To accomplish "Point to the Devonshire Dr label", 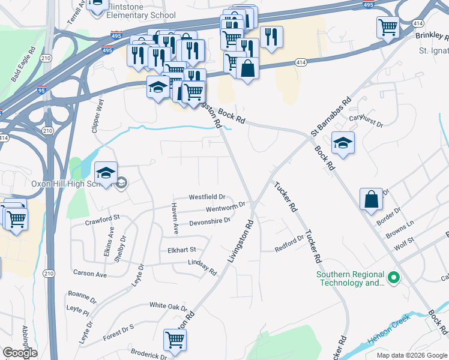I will coord(210,221).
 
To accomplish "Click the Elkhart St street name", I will coord(182,250).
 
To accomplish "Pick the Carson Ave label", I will coord(89,274).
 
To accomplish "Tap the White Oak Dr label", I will coord(169,306).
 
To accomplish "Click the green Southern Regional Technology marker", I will coord(394,278).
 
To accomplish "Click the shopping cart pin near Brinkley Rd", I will coord(388,27).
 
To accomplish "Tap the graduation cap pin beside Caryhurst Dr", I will coord(343,143).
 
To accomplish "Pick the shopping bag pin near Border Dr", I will coord(372,199).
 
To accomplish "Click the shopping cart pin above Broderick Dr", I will coord(175,340).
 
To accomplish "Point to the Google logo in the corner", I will coord(20,353).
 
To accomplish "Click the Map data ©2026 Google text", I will coord(412,356).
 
